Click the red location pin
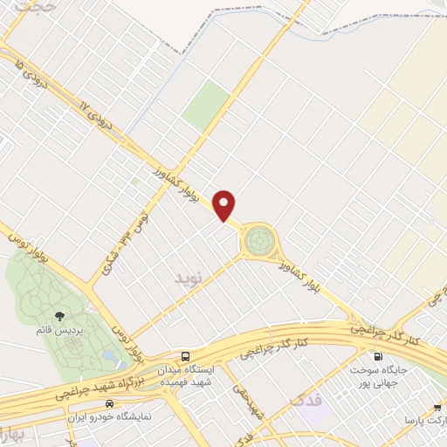point(226,205)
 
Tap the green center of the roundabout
point(258,238)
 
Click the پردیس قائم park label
point(58,332)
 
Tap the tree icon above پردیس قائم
point(59,315)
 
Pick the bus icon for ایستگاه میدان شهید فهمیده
point(185,357)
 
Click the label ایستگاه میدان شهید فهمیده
point(185,378)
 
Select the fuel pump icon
point(377,356)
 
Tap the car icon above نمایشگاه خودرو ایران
point(108,404)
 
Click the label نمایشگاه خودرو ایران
point(108,418)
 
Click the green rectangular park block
point(207,106)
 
